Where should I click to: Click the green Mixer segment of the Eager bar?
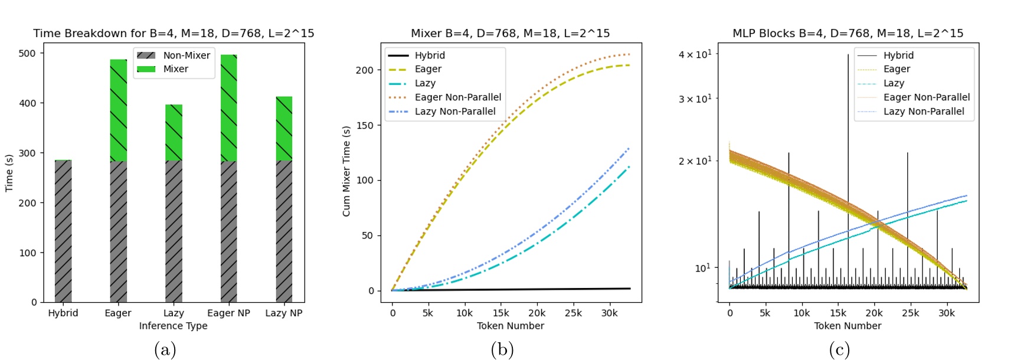coord(118,110)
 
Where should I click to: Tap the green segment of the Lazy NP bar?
coord(284,128)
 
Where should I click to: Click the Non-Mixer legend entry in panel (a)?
coord(173,55)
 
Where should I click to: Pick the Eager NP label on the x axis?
coord(228,313)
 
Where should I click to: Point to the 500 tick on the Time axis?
coord(27,53)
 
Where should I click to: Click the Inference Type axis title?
coord(173,326)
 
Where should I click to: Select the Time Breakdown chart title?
coord(174,33)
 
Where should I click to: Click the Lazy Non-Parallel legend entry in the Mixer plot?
coord(454,112)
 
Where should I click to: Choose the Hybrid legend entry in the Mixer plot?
coord(429,55)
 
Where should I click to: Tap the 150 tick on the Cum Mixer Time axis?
coord(365,125)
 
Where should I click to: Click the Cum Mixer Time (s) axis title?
coord(346,171)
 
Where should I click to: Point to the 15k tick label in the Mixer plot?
coord(501,313)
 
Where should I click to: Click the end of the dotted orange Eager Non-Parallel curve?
coord(629,54)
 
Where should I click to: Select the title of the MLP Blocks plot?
coord(848,33)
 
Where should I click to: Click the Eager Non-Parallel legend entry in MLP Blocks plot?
coord(926,97)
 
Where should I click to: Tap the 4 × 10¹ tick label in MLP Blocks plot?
coord(695,54)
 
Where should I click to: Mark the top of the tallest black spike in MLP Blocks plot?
coord(848,55)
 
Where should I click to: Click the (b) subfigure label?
coord(502,349)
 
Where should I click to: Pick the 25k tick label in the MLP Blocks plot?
coord(910,313)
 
